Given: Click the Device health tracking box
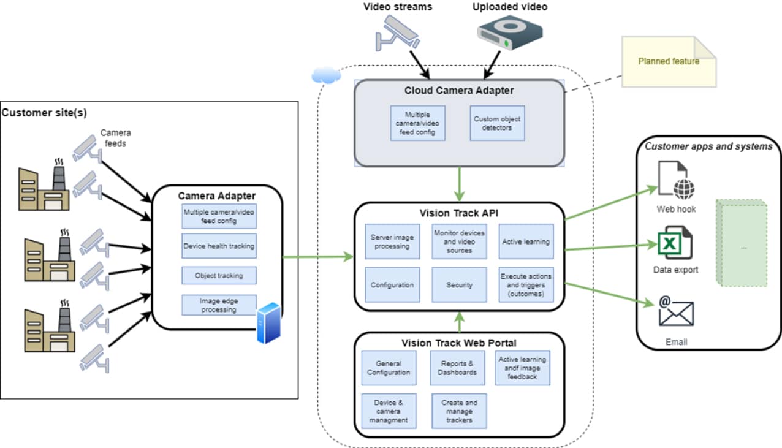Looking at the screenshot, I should [219, 246].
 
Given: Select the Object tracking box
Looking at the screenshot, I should [219, 276].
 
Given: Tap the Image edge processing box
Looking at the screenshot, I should [219, 305].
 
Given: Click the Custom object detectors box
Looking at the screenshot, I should [497, 123].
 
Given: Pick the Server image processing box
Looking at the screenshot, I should [392, 241].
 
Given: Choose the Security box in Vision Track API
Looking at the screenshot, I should [459, 285].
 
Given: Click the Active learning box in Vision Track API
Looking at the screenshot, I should [526, 241].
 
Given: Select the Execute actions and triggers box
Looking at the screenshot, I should [526, 285].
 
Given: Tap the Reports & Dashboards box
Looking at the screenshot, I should [458, 368].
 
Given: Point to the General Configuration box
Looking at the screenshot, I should [389, 368].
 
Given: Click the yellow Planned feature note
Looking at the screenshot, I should [669, 61].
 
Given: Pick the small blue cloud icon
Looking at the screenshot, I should [325, 75].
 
